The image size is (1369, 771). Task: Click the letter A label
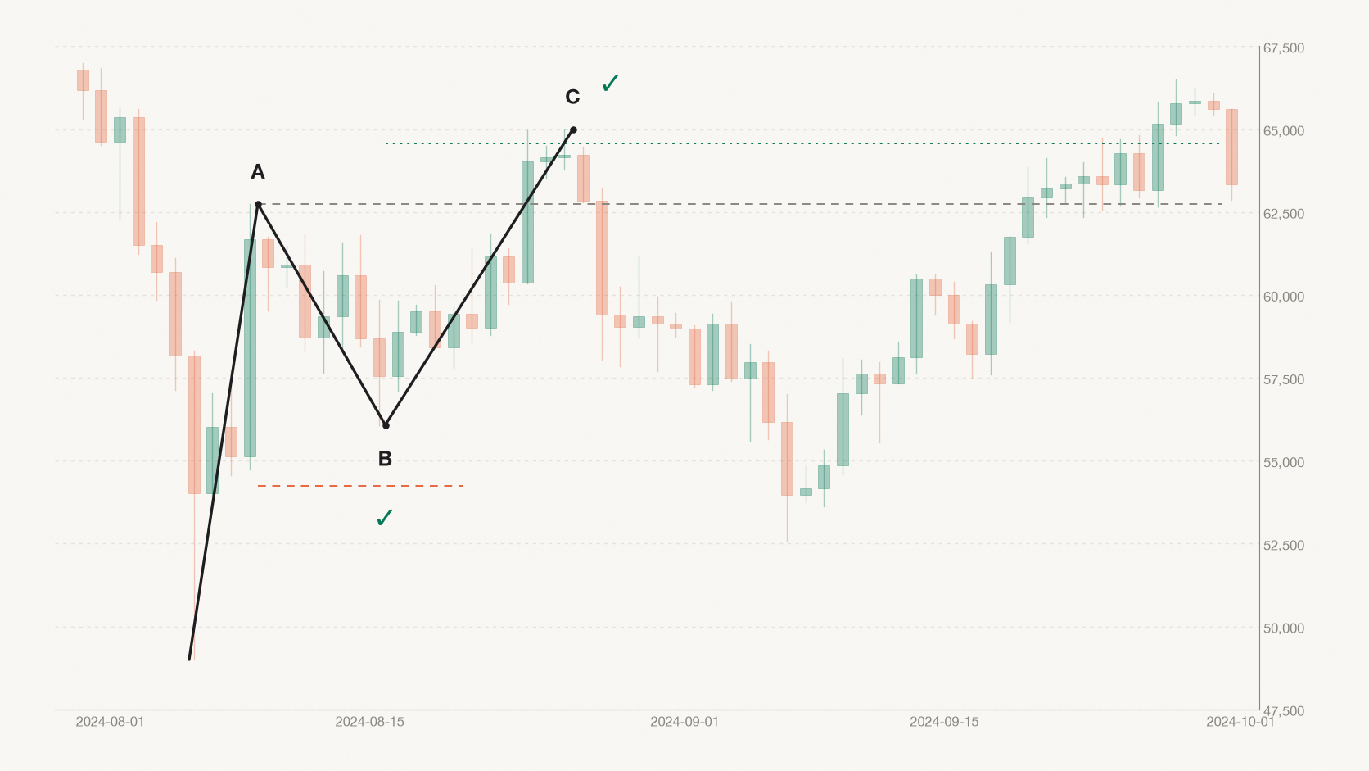click(x=258, y=172)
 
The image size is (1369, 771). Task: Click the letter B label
click(x=385, y=459)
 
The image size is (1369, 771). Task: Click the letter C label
click(x=572, y=97)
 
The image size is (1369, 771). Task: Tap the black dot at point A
click(x=258, y=204)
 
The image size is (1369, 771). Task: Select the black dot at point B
click(x=386, y=425)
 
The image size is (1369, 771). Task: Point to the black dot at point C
click(x=573, y=130)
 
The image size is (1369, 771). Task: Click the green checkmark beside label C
click(x=610, y=83)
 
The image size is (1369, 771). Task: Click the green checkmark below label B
click(x=385, y=518)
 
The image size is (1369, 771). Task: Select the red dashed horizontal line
click(x=360, y=486)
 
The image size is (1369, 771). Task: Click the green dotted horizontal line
click(x=802, y=143)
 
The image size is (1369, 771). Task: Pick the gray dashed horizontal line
click(x=741, y=204)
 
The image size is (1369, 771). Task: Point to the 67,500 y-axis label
click(x=1284, y=48)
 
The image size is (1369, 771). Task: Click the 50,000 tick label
click(x=1284, y=628)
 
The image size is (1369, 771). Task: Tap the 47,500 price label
click(x=1284, y=711)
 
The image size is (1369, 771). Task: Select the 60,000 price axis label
click(x=1284, y=297)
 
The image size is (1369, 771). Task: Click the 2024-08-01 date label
click(x=110, y=722)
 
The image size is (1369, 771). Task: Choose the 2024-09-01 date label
click(x=684, y=722)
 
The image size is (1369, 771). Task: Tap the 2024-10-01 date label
click(x=1240, y=722)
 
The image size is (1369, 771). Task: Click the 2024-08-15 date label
click(x=370, y=722)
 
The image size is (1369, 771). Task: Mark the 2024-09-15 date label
click(x=944, y=722)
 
